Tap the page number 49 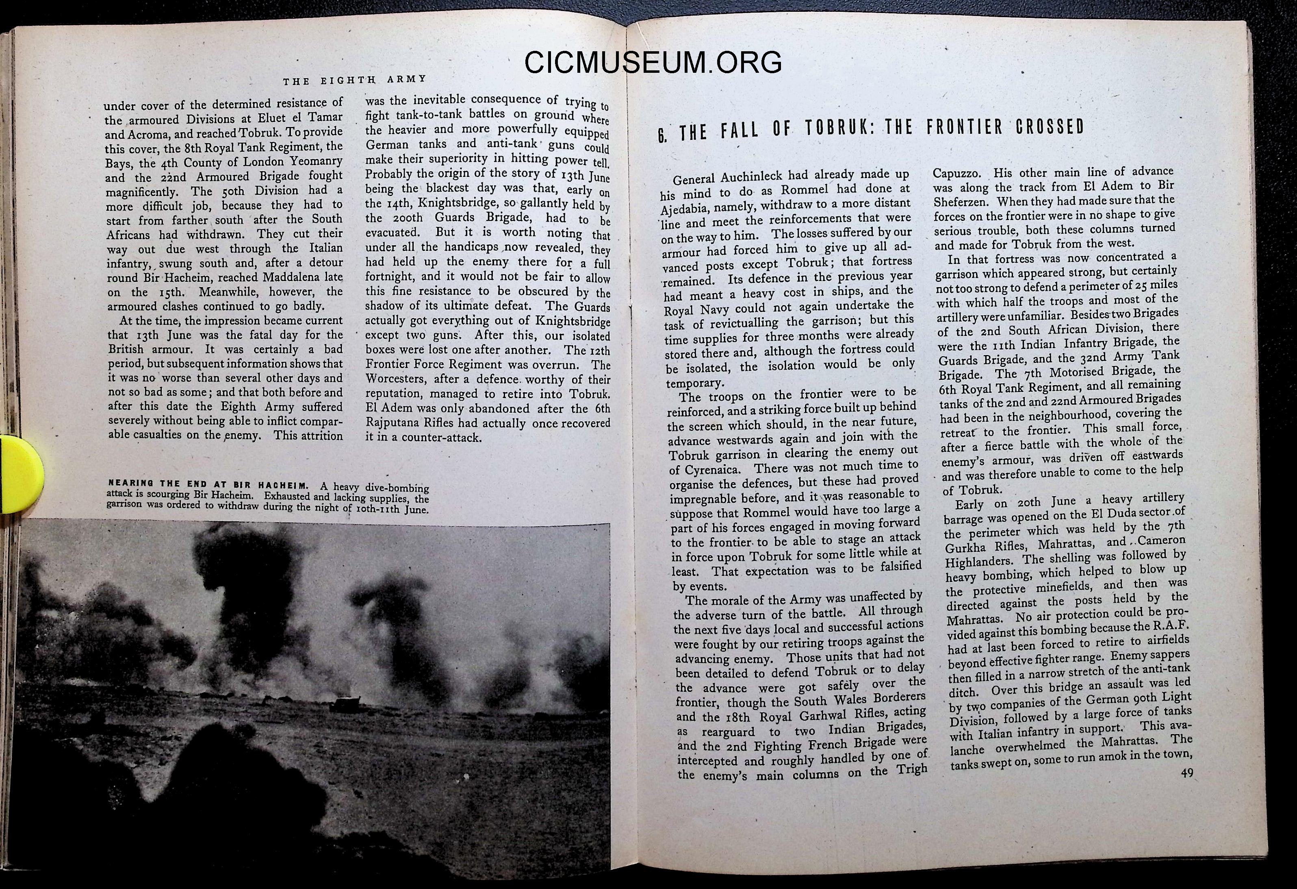[x=1186, y=774]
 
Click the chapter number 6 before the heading [x=662, y=135]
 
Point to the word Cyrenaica [x=704, y=470]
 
